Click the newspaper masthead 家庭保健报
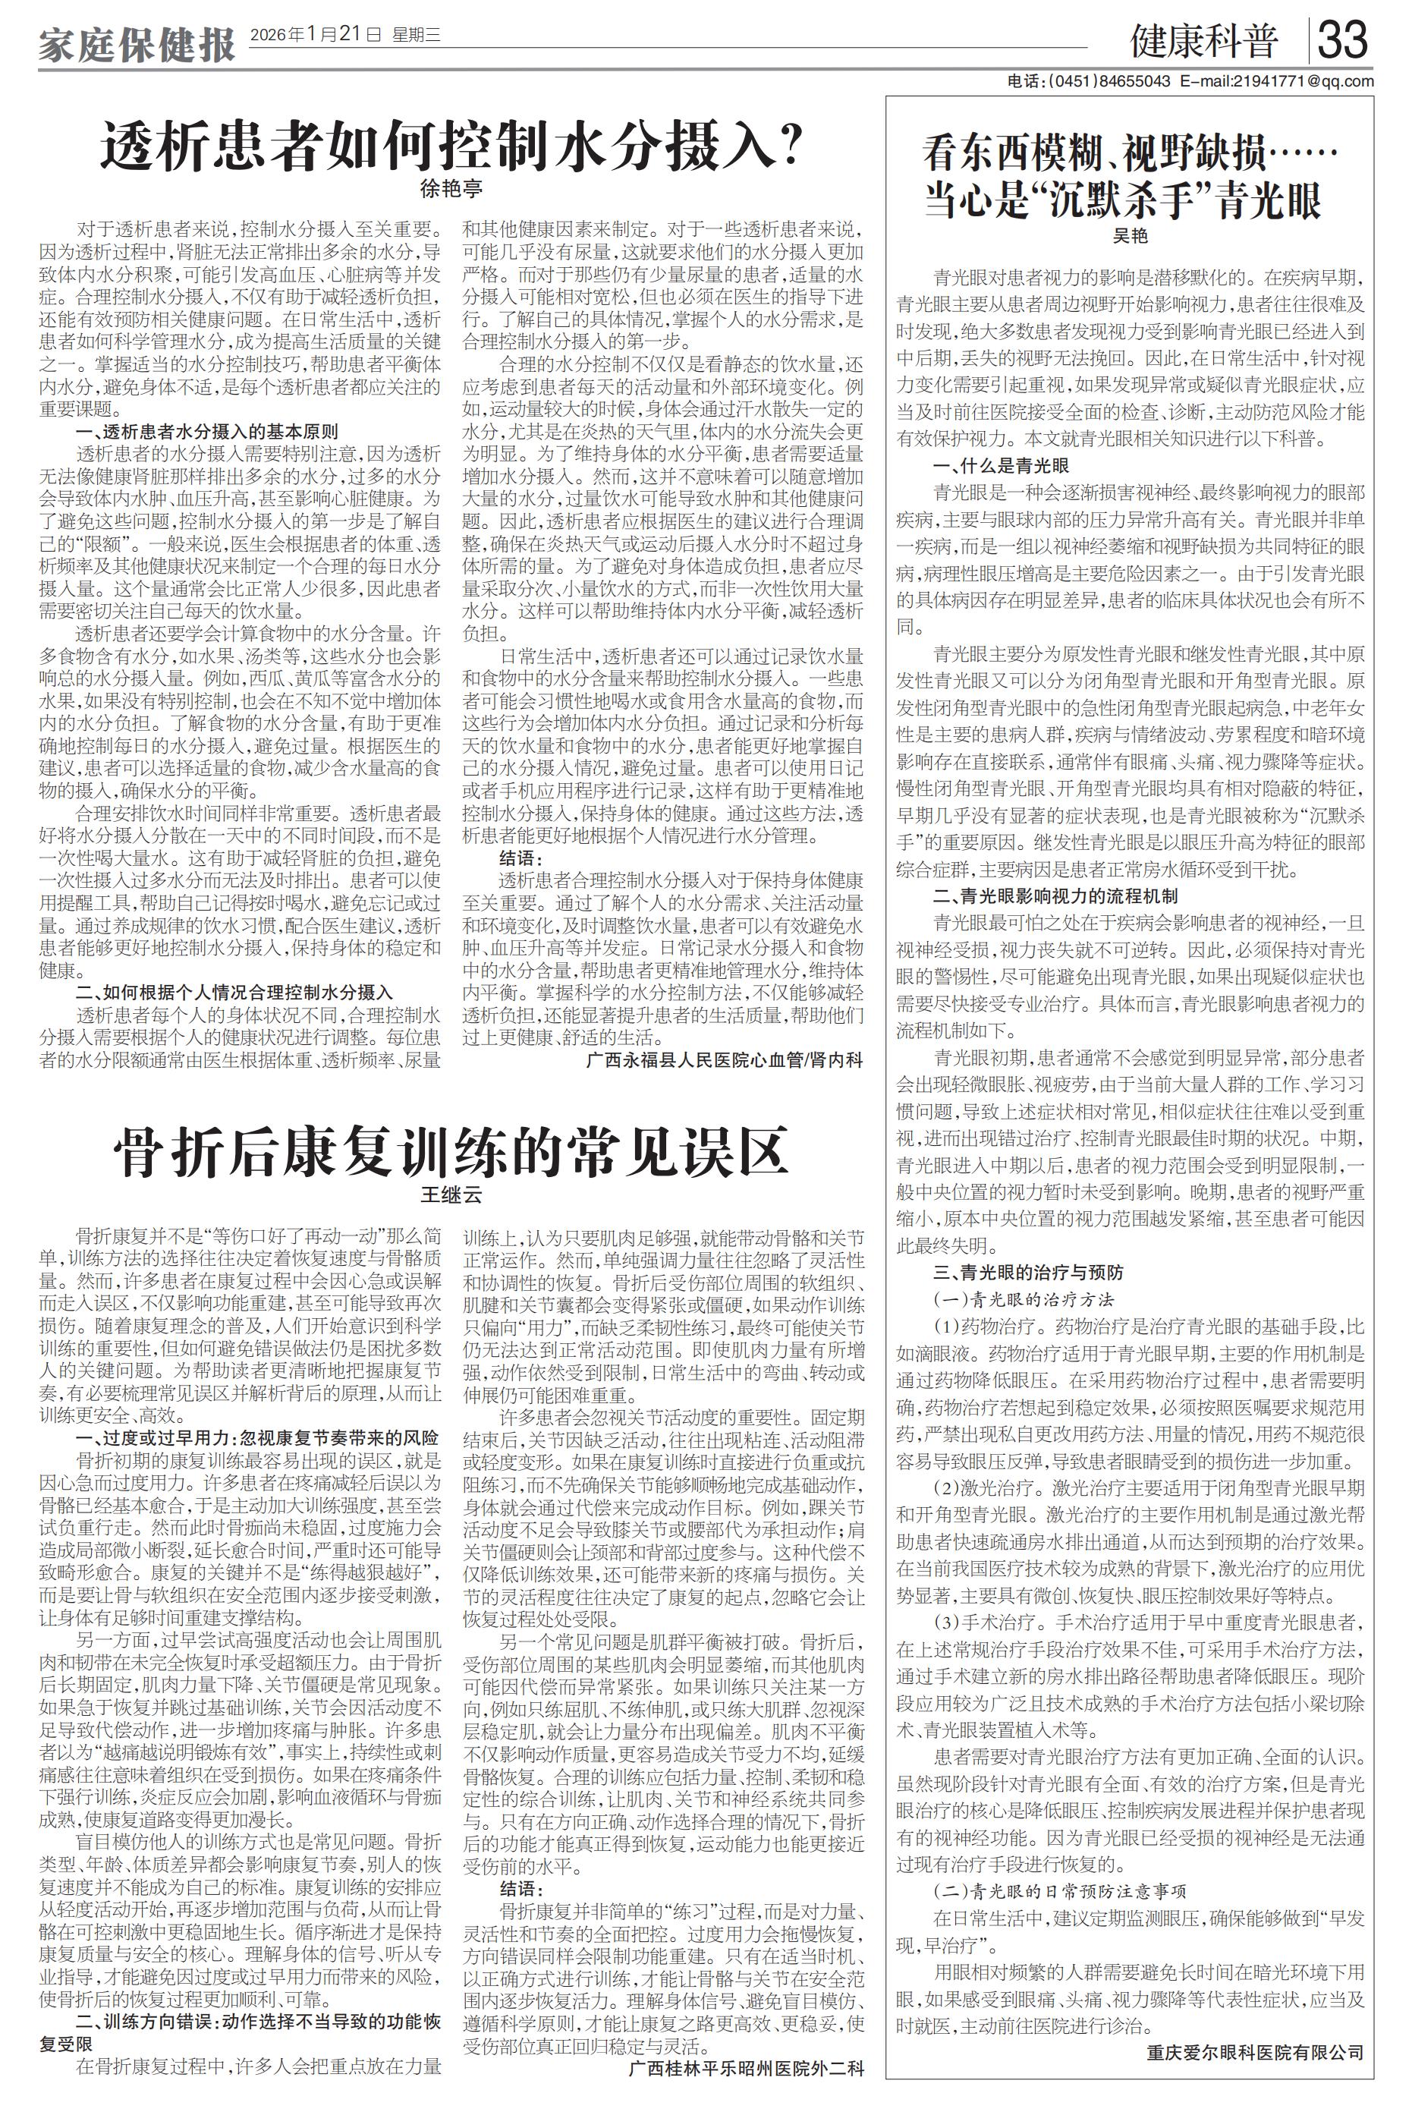tap(136, 42)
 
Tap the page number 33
tap(1343, 39)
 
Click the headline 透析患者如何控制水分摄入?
tap(450, 145)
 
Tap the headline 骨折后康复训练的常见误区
tap(450, 1152)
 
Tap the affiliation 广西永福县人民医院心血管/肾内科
tap(724, 1060)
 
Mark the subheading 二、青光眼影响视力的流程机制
tap(1055, 896)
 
